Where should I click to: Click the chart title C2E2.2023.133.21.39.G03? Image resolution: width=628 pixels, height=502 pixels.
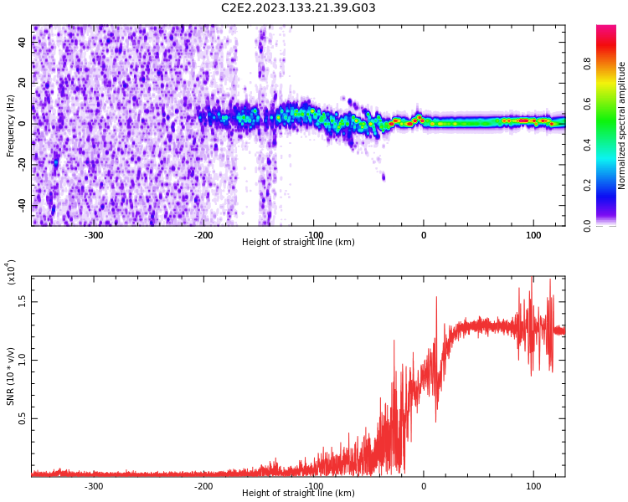pos(298,8)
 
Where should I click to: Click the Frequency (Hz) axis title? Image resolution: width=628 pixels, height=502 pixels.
pos(11,125)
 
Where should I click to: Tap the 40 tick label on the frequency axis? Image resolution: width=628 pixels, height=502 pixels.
pos(23,43)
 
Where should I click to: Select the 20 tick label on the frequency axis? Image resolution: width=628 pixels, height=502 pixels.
pos(23,84)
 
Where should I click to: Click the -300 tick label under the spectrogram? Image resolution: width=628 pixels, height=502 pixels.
pos(94,235)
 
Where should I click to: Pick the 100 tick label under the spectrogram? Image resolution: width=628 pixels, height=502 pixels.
pos(533,235)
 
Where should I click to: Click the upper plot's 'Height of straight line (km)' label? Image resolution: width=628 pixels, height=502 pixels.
pos(298,243)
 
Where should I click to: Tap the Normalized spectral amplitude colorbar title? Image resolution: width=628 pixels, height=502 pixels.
pos(622,125)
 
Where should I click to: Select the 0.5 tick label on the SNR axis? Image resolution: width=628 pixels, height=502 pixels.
pos(23,418)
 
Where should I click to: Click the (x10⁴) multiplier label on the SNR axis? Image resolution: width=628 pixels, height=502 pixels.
pos(12,272)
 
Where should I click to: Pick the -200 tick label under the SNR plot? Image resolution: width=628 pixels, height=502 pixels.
pos(203,486)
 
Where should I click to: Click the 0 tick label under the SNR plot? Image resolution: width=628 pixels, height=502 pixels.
pos(423,486)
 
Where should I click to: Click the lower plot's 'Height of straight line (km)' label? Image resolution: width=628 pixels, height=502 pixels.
pos(298,494)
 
